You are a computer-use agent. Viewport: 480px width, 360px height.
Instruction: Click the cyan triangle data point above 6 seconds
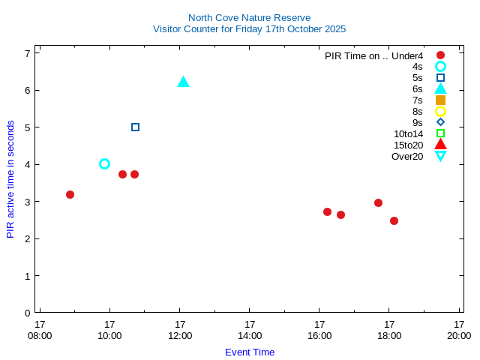[x=183, y=82]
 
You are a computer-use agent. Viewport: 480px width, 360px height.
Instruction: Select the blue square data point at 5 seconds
[x=135, y=127]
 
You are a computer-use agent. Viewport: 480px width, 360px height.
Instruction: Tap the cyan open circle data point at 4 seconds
[x=104, y=163]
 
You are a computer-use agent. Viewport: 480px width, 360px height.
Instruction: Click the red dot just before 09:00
[x=70, y=194]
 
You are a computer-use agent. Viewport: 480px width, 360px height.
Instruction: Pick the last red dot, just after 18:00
[x=394, y=220]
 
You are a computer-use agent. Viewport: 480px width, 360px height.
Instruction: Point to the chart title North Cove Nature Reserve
[x=249, y=17]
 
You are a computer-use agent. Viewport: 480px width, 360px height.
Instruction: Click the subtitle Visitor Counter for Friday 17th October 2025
[x=249, y=28]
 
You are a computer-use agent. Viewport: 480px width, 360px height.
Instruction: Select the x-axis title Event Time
[x=250, y=352]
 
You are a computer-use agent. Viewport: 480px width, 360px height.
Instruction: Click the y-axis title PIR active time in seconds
[x=10, y=179]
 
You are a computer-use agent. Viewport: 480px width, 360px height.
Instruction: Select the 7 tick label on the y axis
[x=27, y=53]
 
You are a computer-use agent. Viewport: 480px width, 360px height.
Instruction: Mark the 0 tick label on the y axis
[x=27, y=313]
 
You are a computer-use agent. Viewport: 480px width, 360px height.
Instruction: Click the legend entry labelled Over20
[x=407, y=156]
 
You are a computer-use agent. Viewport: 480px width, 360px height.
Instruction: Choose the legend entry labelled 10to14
[x=408, y=133]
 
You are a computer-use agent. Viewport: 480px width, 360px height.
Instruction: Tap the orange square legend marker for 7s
[x=440, y=100]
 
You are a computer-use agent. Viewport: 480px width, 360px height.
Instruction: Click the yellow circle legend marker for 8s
[x=440, y=111]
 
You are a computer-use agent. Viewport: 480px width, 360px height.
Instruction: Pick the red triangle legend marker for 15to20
[x=440, y=144]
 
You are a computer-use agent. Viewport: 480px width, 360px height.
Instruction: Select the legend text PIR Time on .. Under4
[x=373, y=55]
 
